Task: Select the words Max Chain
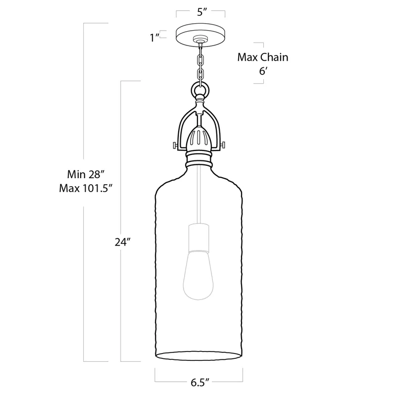click(262, 57)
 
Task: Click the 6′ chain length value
click(263, 70)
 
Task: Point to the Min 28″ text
click(86, 174)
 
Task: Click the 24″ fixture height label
click(122, 243)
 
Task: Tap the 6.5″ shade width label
click(200, 382)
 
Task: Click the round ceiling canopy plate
click(200, 34)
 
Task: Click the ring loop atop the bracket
click(200, 91)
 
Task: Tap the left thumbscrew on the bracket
click(174, 145)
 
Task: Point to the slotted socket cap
click(200, 137)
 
